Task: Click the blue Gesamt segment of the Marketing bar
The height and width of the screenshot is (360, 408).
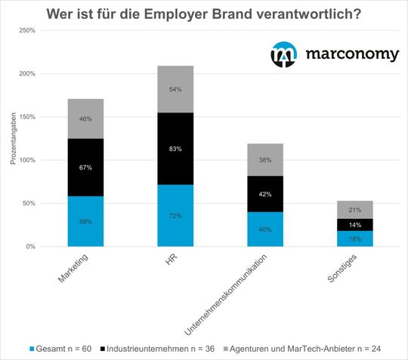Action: pyautogui.click(x=85, y=221)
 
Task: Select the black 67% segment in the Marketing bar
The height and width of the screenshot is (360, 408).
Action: pyautogui.click(x=85, y=168)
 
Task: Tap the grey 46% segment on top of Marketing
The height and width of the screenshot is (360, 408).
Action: pyautogui.click(x=85, y=118)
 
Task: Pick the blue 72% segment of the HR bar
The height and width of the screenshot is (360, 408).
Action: pyautogui.click(x=175, y=216)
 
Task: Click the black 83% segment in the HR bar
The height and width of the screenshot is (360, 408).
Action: pyautogui.click(x=175, y=149)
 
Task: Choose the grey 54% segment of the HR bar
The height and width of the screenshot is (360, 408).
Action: pyautogui.click(x=175, y=89)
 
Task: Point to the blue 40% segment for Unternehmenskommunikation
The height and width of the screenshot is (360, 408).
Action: pyautogui.click(x=264, y=229)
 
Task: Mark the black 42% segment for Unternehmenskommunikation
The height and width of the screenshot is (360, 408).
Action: pyautogui.click(x=264, y=194)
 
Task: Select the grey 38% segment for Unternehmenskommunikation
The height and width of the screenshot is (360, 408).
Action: pyautogui.click(x=264, y=160)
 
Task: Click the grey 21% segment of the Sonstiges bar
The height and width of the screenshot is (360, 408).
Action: pyautogui.click(x=354, y=210)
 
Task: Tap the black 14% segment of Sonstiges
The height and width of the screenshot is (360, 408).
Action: pyautogui.click(x=354, y=225)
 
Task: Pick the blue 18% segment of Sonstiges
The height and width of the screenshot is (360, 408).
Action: pyautogui.click(x=354, y=238)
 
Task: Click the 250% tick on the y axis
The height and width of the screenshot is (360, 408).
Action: pyautogui.click(x=26, y=31)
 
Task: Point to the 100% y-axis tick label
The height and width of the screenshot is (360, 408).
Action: pyautogui.click(x=26, y=160)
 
